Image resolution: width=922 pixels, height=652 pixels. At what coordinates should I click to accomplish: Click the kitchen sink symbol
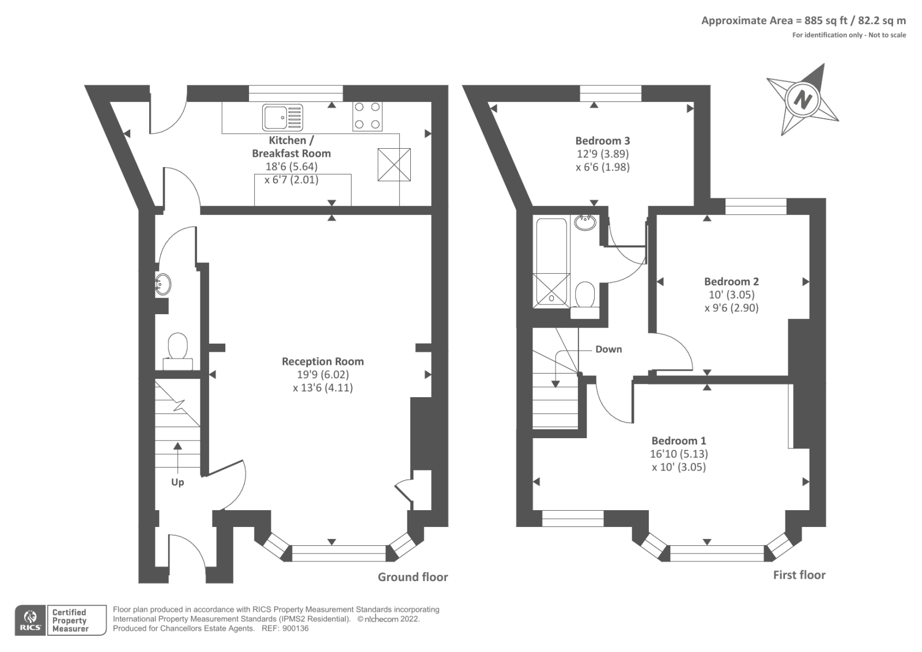click(x=282, y=117)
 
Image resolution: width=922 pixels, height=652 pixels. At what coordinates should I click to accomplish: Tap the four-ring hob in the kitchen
click(x=367, y=116)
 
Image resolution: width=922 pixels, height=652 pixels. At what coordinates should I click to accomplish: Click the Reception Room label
click(x=323, y=361)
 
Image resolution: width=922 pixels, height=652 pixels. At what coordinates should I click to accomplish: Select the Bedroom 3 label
click(x=602, y=141)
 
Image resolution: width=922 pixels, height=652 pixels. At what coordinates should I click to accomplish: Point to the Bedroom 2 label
click(x=731, y=281)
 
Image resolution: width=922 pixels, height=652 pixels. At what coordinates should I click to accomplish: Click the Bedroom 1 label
click(x=679, y=440)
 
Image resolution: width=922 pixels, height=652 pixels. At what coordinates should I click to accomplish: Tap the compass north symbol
click(x=802, y=99)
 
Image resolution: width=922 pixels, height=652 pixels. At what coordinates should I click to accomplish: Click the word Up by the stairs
click(x=177, y=482)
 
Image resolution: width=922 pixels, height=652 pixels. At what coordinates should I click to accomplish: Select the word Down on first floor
click(x=609, y=349)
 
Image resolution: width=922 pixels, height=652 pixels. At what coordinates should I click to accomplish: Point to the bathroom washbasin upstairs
click(x=585, y=222)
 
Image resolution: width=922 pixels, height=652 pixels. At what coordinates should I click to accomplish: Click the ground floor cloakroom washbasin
click(x=163, y=284)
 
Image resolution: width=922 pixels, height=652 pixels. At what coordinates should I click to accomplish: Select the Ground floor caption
click(x=413, y=577)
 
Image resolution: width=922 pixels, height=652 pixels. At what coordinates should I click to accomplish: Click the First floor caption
click(x=799, y=575)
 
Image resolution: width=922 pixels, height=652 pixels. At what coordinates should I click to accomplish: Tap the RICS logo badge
click(x=30, y=620)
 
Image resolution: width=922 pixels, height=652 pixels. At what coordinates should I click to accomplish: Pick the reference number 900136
click(x=295, y=628)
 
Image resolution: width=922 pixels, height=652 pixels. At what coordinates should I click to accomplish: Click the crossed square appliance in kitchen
click(x=394, y=165)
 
